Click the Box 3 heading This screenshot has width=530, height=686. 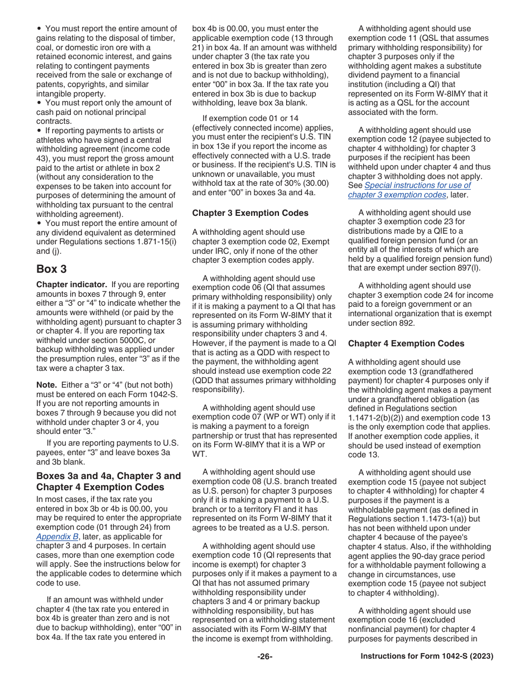point(51,269)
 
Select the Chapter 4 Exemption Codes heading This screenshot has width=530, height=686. point(406,344)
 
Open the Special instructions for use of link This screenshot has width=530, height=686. point(418,185)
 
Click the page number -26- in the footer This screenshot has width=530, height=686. point(265,656)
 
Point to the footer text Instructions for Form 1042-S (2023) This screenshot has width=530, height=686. point(427,656)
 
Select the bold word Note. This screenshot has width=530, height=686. point(46,385)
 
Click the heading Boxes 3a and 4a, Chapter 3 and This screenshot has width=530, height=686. point(108,476)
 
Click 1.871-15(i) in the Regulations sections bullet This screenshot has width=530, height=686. point(153,241)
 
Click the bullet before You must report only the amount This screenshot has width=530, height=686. point(39,103)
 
